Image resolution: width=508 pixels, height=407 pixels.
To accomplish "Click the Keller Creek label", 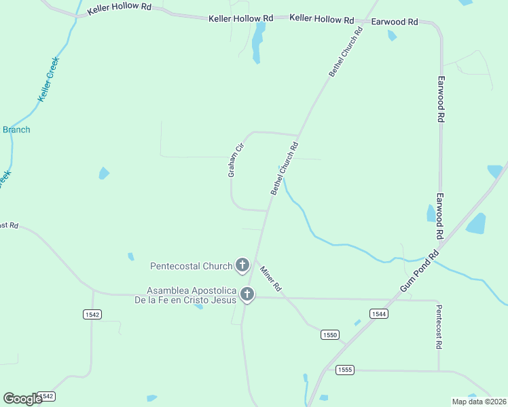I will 49,80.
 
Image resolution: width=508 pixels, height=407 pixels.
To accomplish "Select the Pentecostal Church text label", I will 192,265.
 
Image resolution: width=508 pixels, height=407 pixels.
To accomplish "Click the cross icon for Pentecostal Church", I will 242,265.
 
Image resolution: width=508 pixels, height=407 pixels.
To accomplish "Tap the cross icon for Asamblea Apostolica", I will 247,294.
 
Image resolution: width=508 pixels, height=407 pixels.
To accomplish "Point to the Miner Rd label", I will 271,279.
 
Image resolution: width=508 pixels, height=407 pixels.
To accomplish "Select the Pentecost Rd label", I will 439,326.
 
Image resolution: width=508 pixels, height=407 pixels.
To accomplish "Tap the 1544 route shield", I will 379,313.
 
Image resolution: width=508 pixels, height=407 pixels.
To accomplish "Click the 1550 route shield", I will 330,335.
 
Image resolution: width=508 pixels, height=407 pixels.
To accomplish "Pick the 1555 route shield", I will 344,370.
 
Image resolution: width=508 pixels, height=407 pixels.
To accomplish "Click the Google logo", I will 22,399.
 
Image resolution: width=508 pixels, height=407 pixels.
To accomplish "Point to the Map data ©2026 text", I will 479,402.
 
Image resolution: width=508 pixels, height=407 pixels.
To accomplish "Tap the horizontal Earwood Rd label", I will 394,22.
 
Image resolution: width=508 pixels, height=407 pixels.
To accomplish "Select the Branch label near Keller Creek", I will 16,130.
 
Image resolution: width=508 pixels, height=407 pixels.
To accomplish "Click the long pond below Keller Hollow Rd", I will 257,42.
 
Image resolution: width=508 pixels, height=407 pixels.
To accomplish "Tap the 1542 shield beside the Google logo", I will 46,396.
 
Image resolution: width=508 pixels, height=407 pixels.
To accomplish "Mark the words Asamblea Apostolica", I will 192,290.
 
